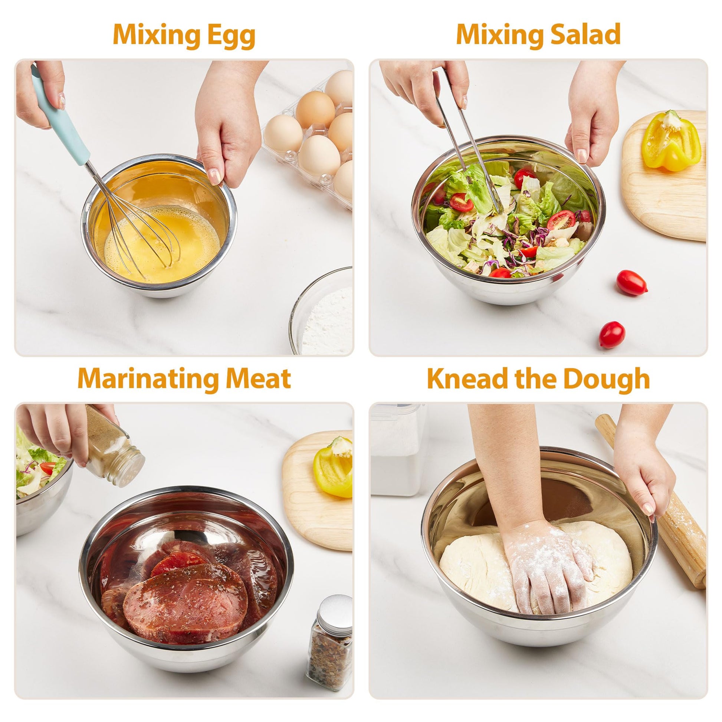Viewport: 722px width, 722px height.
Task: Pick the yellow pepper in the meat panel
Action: (333, 467)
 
